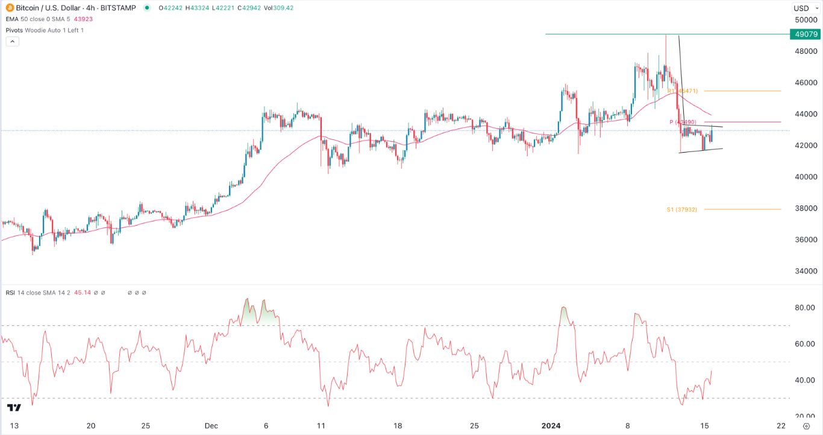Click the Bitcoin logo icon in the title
(x=8, y=8)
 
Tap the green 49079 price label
(x=806, y=34)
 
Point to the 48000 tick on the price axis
(x=806, y=51)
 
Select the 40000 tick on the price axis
(x=806, y=177)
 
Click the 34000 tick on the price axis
(x=806, y=271)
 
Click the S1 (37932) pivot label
(x=681, y=209)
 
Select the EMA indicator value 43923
(x=84, y=19)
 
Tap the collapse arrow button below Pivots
(x=13, y=42)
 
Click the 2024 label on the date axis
(x=551, y=425)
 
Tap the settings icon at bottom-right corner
(x=806, y=425)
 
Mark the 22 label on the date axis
(x=781, y=425)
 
